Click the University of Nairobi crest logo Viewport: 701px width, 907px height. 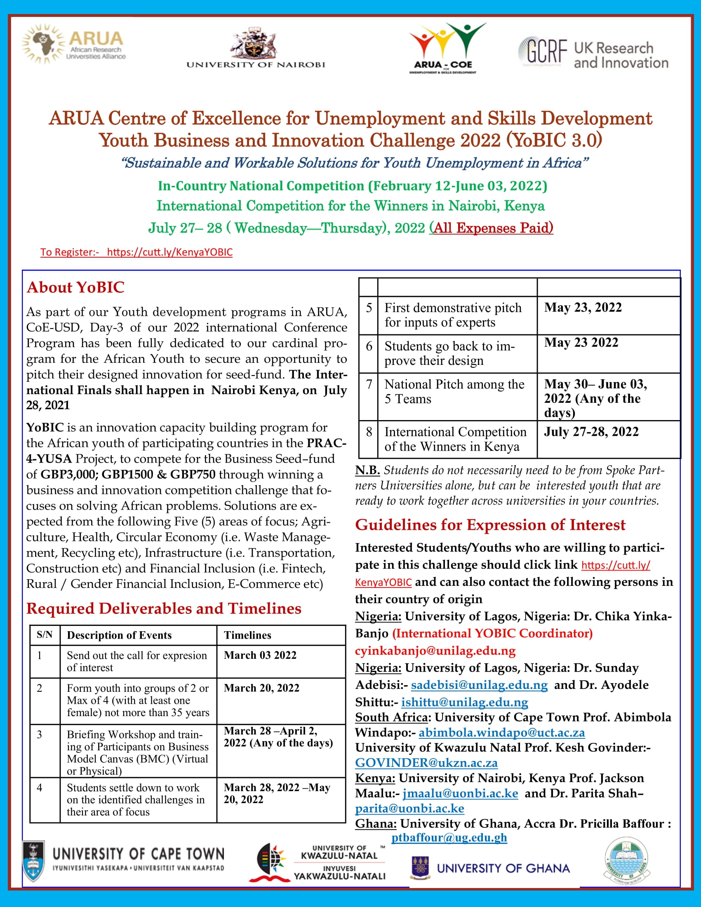click(x=254, y=43)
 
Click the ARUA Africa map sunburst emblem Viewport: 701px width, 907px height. click(x=43, y=43)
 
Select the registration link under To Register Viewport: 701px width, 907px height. click(x=169, y=252)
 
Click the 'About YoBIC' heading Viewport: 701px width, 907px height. click(x=75, y=287)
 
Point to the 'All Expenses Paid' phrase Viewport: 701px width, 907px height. click(x=491, y=228)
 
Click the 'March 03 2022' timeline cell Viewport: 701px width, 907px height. click(x=260, y=655)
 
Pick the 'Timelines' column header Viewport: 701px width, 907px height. click(x=247, y=635)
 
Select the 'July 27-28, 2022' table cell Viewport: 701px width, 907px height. click(x=591, y=432)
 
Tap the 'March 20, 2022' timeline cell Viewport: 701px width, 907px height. click(x=261, y=688)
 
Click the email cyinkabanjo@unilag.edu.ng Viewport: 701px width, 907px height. click(x=435, y=651)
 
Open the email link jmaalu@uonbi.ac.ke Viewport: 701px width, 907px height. click(x=460, y=793)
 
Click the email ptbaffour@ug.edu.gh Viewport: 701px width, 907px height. click(x=449, y=838)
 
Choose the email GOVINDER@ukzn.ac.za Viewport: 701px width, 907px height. click(x=426, y=763)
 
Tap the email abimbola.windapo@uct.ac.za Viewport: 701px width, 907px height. click(x=502, y=733)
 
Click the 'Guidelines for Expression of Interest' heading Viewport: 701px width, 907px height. click(x=489, y=525)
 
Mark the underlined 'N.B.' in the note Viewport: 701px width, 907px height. click(x=367, y=470)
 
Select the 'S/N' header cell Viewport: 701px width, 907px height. click(x=45, y=635)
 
